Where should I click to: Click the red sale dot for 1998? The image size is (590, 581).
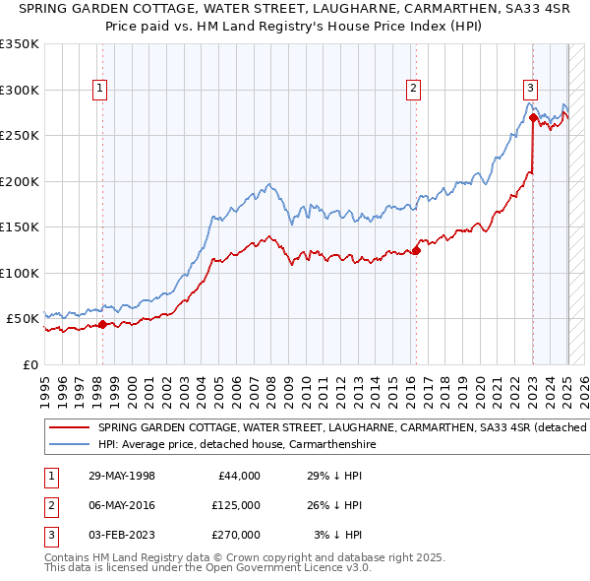point(102,324)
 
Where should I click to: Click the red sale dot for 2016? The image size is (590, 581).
point(416,250)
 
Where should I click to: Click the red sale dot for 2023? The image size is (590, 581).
point(533,117)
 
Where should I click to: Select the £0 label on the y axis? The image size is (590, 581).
point(29,364)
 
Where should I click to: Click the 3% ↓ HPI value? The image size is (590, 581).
point(338,535)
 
